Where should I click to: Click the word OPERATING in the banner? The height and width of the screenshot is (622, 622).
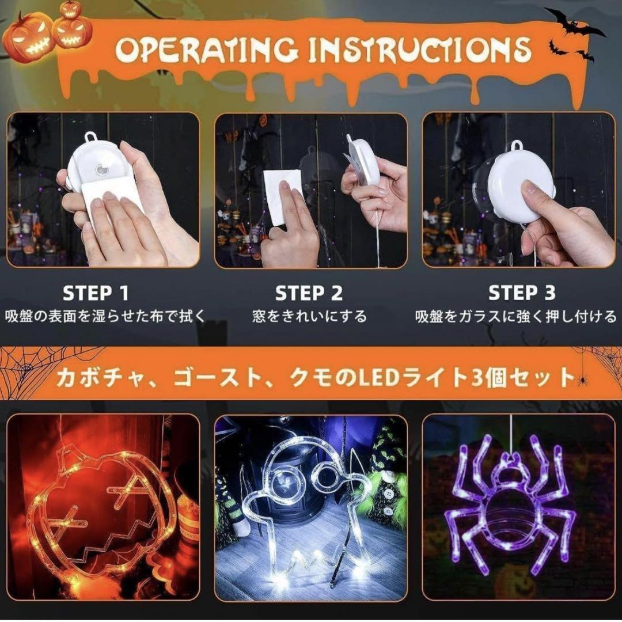(x=206, y=51)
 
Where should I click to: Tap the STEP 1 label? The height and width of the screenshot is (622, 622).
(x=96, y=294)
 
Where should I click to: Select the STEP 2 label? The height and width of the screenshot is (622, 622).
(x=309, y=294)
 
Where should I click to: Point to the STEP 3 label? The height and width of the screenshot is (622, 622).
(x=522, y=293)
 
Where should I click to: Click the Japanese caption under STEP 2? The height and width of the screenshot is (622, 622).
(x=309, y=317)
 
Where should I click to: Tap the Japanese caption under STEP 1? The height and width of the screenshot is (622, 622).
(x=105, y=317)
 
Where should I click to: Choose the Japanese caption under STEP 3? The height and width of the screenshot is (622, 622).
(x=515, y=317)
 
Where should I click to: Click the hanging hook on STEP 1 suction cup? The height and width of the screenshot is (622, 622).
(x=91, y=137)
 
